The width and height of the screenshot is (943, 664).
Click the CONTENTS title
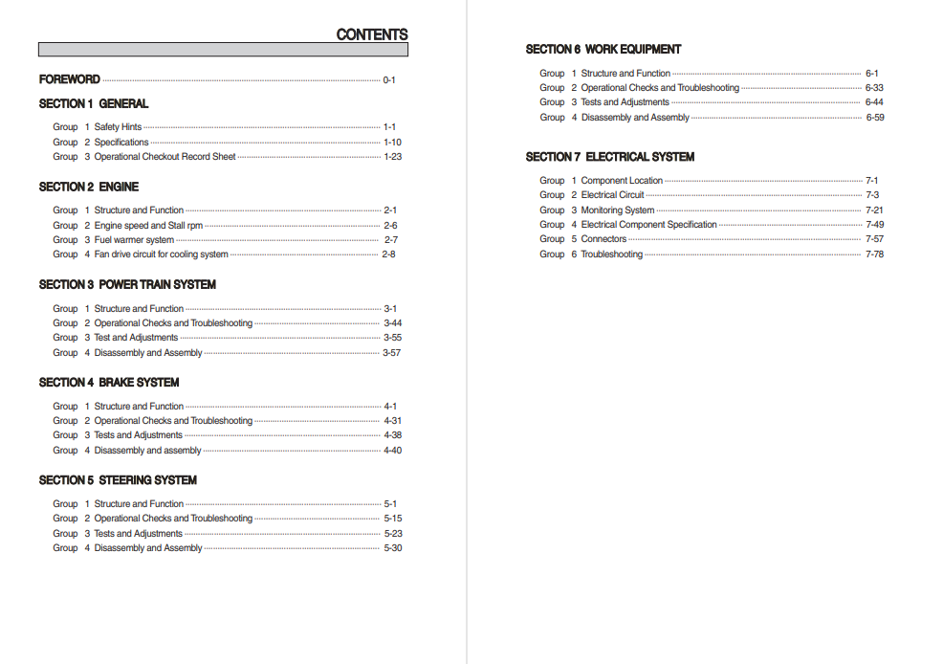371,34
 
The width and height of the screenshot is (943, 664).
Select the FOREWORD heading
69,79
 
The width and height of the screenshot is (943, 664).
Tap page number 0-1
389,80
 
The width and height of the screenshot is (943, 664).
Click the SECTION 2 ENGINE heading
89,187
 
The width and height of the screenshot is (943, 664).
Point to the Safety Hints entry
118,127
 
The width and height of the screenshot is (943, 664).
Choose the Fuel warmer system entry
134,240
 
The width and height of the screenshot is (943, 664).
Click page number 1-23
392,157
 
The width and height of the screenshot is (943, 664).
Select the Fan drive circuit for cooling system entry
161,255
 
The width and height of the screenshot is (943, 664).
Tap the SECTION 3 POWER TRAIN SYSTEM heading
127,284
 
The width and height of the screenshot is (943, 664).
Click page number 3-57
391,353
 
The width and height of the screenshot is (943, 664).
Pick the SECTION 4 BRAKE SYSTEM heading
109,382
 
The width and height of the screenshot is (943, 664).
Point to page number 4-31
392,421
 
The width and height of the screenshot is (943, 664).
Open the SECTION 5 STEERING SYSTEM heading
118,479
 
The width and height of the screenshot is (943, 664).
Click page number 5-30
392,548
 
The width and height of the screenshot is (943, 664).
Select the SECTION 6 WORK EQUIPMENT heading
603,49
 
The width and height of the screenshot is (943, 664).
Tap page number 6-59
874,118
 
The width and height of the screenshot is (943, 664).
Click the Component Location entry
622,181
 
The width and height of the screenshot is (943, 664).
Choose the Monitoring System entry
618,210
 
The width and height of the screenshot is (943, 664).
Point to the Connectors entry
603,239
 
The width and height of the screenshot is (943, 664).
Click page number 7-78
874,255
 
